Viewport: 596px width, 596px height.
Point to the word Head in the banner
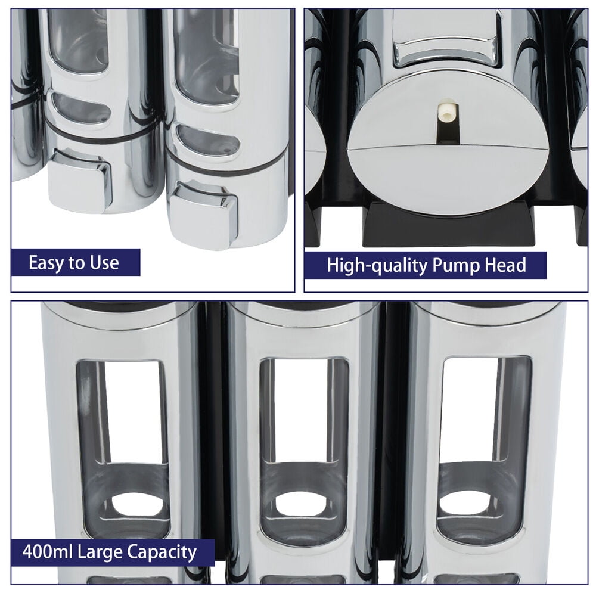click(x=505, y=265)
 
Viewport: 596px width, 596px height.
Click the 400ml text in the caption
click(x=47, y=551)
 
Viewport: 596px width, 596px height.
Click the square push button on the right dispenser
click(x=203, y=212)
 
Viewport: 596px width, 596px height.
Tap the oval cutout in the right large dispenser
click(x=463, y=502)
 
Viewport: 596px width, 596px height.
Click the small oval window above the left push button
click(x=81, y=108)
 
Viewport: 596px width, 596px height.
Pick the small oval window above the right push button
click(x=208, y=141)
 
